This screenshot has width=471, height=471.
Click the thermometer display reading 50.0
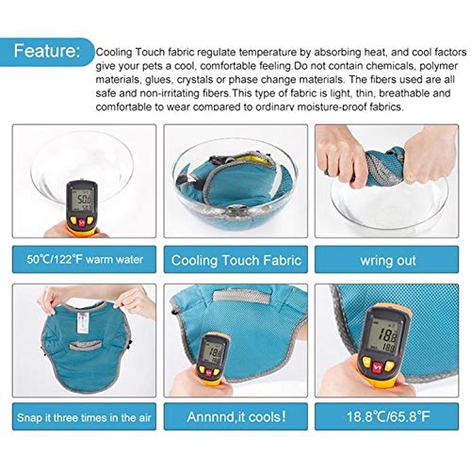84,200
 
